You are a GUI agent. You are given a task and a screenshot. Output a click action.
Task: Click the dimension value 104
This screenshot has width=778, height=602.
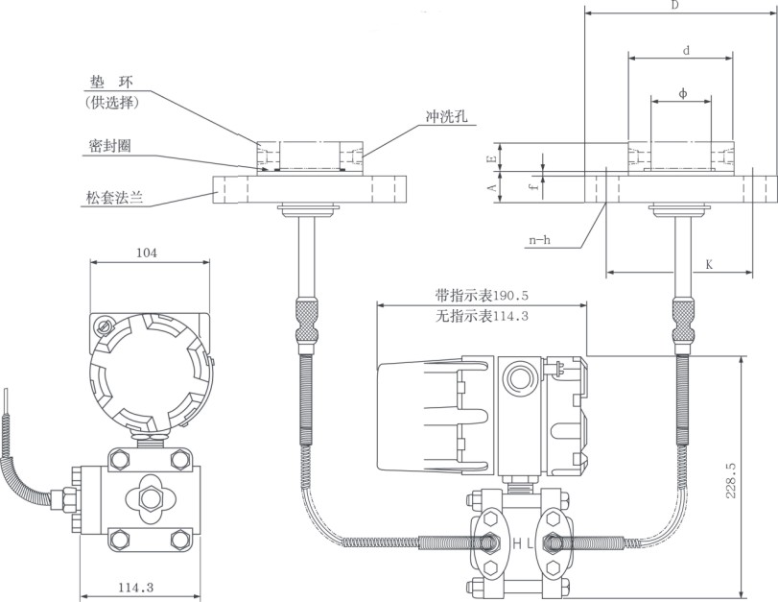[147, 253]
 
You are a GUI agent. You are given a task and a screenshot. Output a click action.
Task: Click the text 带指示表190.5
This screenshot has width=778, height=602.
[482, 296]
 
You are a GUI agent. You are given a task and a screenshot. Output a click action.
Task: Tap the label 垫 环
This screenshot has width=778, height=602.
[108, 84]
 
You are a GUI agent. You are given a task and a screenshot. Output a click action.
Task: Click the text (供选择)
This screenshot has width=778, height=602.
[112, 103]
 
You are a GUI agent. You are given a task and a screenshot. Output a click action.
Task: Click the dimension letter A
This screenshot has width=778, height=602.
[490, 185]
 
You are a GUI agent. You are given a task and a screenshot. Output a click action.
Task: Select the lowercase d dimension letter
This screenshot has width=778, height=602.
[684, 50]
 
